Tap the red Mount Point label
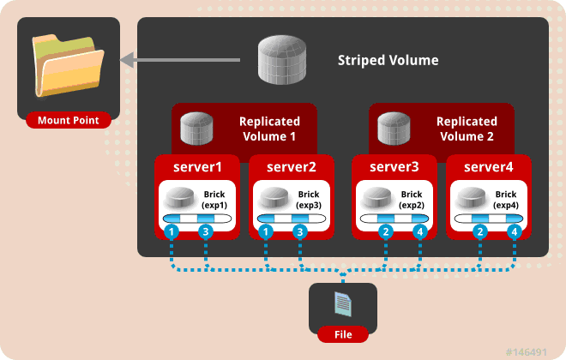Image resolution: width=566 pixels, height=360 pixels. click(x=68, y=120)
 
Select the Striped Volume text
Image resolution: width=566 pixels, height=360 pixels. click(x=388, y=61)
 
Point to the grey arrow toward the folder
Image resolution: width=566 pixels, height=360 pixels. click(x=188, y=60)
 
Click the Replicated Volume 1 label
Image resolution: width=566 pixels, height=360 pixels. click(x=268, y=129)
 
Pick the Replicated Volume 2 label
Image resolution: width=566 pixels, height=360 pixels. click(x=466, y=129)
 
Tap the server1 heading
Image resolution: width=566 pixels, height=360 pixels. click(x=198, y=165)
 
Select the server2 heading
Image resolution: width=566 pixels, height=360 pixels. click(x=292, y=165)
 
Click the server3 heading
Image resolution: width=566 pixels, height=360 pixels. click(x=395, y=165)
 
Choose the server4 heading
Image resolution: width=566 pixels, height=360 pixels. click(x=489, y=165)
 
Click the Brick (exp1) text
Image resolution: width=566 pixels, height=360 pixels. click(x=214, y=201)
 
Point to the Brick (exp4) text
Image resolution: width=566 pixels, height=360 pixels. click(x=506, y=201)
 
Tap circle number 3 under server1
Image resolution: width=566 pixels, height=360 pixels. click(x=205, y=232)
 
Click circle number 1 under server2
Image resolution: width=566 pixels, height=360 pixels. click(x=268, y=232)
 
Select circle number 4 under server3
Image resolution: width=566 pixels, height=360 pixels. click(x=419, y=232)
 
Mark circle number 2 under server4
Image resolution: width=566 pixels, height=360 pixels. click(x=482, y=232)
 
